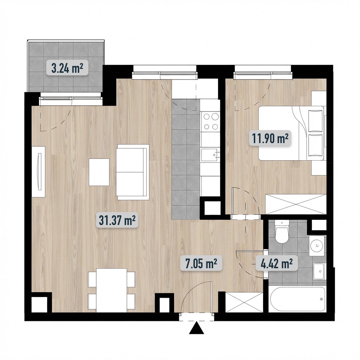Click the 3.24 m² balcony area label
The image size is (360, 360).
[67, 67]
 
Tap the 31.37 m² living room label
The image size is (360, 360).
[117, 220]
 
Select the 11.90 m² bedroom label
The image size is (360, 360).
[270, 138]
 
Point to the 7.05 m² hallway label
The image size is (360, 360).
[201, 263]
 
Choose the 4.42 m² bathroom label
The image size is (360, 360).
[277, 263]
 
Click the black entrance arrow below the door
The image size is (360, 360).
[197, 328]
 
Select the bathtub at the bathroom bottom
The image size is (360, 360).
[297, 299]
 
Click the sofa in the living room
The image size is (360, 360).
[133, 172]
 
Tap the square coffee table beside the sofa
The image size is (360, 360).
[99, 172]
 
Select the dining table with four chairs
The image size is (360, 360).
[111, 290]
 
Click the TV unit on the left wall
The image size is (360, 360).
[39, 172]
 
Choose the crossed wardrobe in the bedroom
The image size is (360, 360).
[296, 204]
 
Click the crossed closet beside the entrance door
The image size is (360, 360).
[244, 302]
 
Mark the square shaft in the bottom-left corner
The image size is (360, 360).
[39, 305]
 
